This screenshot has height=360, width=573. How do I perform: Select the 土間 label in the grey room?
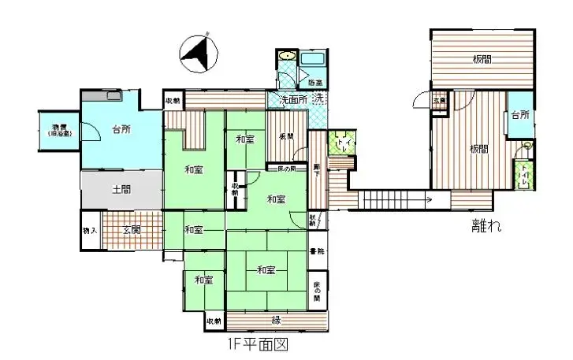pos(121,189)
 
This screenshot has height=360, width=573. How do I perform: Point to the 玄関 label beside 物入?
pos(132,230)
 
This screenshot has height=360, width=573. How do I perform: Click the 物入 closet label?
pos(91,230)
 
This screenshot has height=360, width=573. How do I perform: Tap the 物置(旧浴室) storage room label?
pos(59,130)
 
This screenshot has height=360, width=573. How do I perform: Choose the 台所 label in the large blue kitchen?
pos(121,129)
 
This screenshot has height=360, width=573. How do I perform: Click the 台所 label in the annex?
pos(519,116)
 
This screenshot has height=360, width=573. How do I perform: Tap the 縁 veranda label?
pos(277,320)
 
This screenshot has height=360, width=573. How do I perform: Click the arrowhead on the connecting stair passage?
pos(427,200)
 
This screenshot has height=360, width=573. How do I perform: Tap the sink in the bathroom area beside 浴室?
pos(287,57)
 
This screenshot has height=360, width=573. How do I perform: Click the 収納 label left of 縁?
pos(214,321)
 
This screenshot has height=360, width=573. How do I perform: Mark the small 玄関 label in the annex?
pos(439,101)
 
